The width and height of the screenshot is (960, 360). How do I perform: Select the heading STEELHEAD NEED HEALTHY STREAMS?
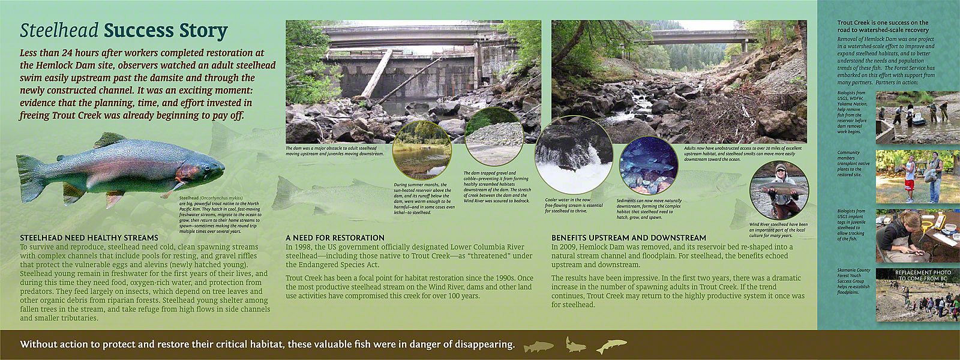point(89,238)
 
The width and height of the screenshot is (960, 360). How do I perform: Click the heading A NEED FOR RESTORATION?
point(335,238)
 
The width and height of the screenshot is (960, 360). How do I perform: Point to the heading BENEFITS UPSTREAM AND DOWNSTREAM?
point(629,238)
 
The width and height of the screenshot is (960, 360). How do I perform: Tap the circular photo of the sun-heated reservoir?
point(421,149)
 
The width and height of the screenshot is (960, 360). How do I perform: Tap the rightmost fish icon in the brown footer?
point(611,346)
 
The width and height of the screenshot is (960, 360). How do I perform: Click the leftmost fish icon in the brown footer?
point(538,346)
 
